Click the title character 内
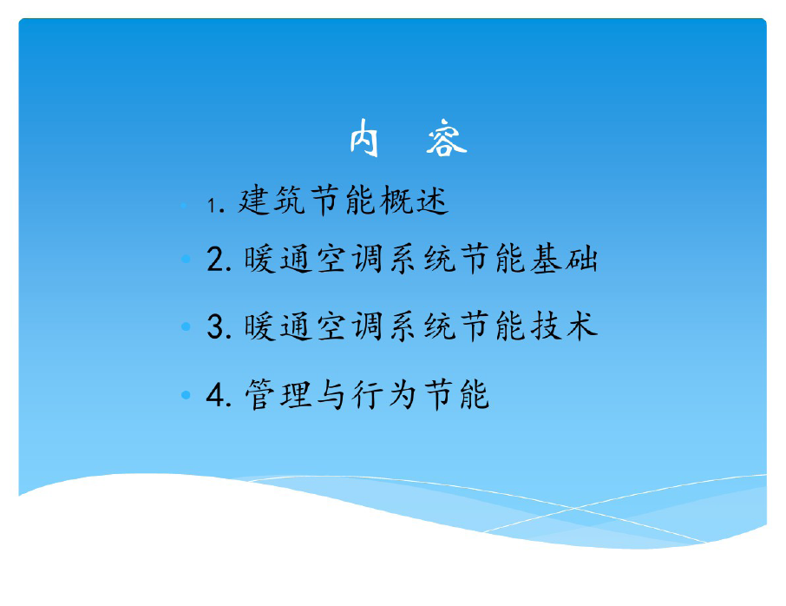click(x=364, y=138)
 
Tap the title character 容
click(x=446, y=138)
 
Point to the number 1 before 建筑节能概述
click(x=212, y=205)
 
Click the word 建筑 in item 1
click(x=271, y=201)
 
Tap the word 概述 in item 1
click(x=414, y=201)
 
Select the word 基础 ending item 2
click(x=565, y=259)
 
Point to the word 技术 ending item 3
click(x=565, y=326)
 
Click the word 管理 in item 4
click(x=278, y=394)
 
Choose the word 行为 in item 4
click(x=385, y=394)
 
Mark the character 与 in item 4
click(x=331, y=394)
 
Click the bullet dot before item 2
click(x=186, y=259)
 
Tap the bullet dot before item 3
click(x=186, y=326)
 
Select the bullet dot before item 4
click(x=186, y=395)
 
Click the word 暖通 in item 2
click(x=278, y=259)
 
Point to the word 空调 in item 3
click(x=350, y=326)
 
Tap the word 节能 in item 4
click(x=456, y=394)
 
